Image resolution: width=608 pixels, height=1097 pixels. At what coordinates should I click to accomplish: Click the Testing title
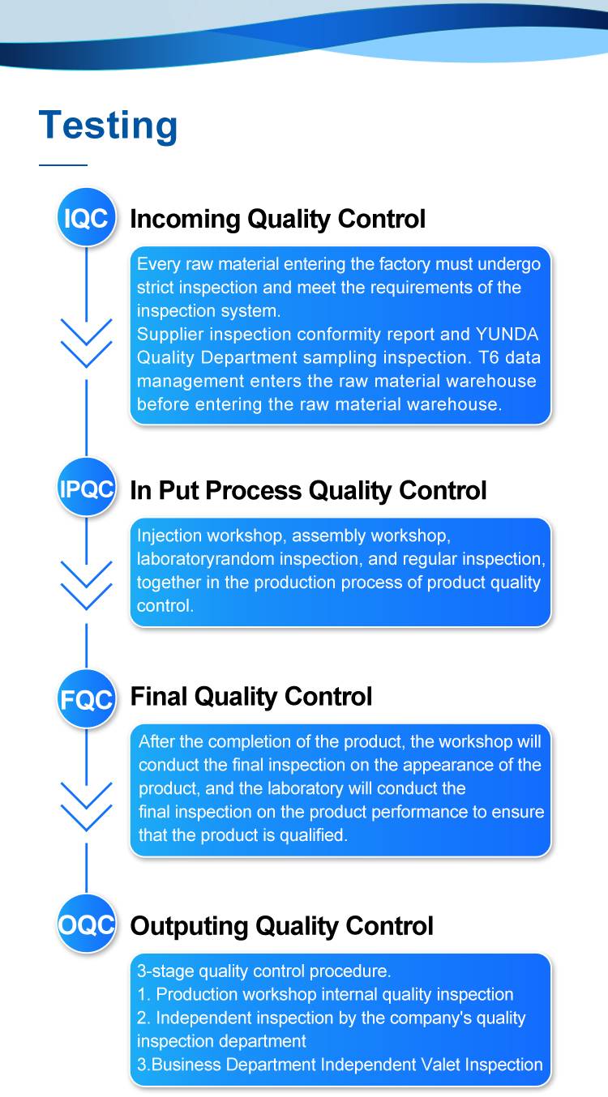108,126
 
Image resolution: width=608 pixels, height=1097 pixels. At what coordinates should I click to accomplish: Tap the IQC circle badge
87,217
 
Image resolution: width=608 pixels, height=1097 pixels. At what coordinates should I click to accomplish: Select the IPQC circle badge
87,488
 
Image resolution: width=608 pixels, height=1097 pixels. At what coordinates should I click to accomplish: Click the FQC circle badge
87,699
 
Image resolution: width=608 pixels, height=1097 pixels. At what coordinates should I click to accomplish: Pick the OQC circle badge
87,924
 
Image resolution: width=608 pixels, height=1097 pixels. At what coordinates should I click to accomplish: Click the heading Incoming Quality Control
278,219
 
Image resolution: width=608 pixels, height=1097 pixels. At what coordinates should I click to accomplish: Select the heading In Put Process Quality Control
308,490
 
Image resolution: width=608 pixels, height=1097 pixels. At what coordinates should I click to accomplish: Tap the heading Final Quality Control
250,697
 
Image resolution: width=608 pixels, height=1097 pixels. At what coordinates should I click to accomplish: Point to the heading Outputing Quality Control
282,926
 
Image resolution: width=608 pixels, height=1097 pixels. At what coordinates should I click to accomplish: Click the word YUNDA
507,334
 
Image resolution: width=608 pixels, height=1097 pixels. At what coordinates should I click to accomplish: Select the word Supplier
169,335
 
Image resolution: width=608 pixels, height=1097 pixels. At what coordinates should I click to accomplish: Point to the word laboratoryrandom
205,559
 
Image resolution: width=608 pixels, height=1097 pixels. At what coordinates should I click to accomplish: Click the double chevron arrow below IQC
86,343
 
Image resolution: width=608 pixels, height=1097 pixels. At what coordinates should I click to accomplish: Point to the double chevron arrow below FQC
86,807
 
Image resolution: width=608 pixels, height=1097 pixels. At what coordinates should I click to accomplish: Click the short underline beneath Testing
63,165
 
